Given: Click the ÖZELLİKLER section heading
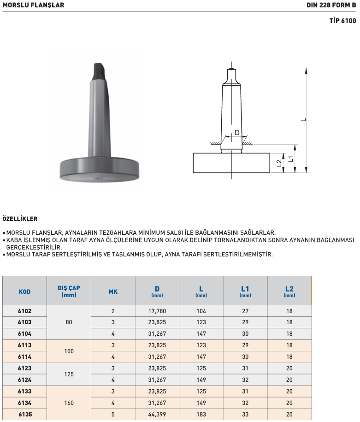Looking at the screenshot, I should pyautogui.click(x=20, y=219).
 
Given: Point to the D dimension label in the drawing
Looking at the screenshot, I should pyautogui.click(x=237, y=133).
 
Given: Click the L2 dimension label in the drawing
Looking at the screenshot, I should pyautogui.click(x=279, y=163).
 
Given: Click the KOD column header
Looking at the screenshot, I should pyautogui.click(x=24, y=291).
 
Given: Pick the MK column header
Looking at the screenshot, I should pyautogui.click(x=113, y=291).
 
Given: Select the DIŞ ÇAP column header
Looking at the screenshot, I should pyautogui.click(x=69, y=291).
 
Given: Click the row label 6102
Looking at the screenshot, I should pyautogui.click(x=24, y=311).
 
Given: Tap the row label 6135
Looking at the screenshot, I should pyautogui.click(x=24, y=415).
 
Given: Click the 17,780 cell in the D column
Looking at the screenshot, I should pyautogui.click(x=157, y=311).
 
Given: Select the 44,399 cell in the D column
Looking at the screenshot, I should pyautogui.click(x=157, y=415).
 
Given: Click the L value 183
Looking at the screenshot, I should pyautogui.click(x=201, y=415).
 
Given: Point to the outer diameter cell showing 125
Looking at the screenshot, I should pyautogui.click(x=69, y=374).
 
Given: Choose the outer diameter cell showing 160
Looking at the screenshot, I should pyautogui.click(x=69, y=403).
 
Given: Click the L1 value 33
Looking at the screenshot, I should pyautogui.click(x=245, y=415).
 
